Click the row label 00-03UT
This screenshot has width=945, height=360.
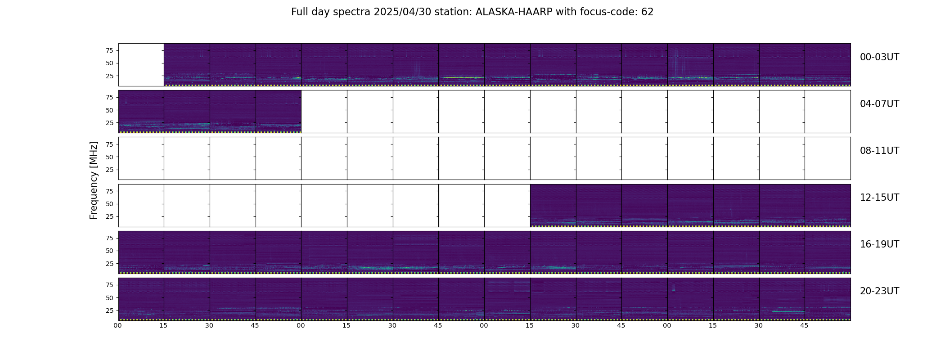pos(879,57)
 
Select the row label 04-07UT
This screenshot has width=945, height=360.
pos(879,104)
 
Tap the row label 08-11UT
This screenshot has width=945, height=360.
pos(879,151)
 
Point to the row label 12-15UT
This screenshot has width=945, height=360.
pos(879,198)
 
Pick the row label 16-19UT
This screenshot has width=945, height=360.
pos(879,244)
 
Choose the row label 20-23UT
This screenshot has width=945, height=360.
pos(879,291)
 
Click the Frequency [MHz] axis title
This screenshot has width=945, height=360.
pos(94,180)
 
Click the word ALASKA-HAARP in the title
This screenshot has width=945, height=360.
pos(514,12)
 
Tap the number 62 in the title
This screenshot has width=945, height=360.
pos(647,12)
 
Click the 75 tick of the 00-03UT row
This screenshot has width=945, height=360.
pos(109,50)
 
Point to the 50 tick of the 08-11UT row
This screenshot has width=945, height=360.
pos(109,157)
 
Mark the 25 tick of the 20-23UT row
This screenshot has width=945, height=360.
pos(109,310)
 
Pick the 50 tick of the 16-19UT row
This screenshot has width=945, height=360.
pos(109,251)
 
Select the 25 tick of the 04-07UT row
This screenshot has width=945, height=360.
pos(109,123)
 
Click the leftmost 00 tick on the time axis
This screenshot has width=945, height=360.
pos(118,326)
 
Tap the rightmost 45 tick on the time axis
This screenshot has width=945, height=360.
pos(804,326)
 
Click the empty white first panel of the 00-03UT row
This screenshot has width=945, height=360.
pos(141,65)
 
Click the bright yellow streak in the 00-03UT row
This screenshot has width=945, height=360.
pos(462,77)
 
